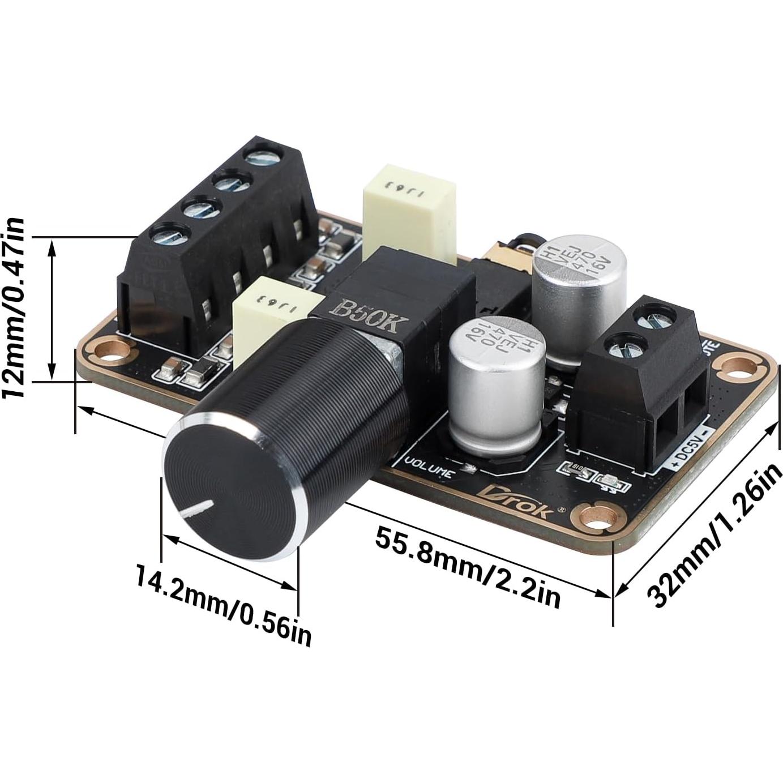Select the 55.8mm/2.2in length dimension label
pyautogui.click(x=468, y=566)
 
